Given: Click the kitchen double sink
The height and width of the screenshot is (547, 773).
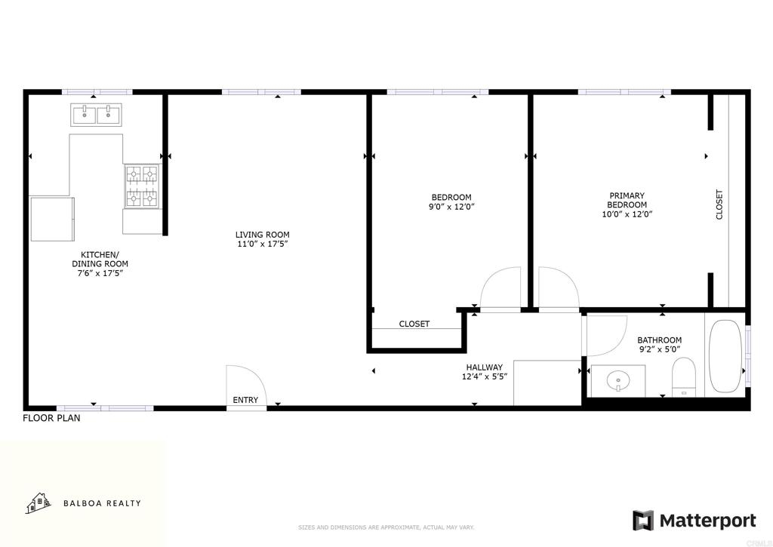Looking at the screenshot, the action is point(97,115).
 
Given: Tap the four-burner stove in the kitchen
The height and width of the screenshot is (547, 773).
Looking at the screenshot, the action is point(142,186).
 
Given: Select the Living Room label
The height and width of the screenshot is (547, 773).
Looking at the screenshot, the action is point(262,235).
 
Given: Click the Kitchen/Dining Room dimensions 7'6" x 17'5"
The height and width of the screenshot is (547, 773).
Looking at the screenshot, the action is point(100,273).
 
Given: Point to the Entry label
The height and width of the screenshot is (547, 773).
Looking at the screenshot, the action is point(245,400).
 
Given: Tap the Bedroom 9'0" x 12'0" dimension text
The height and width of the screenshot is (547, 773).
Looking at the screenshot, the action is point(451,207).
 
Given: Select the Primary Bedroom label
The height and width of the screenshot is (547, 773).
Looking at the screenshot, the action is point(627,200).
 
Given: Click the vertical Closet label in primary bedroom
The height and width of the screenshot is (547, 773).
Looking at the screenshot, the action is point(719,204).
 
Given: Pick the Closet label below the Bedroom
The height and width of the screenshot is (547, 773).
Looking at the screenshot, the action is point(414,324).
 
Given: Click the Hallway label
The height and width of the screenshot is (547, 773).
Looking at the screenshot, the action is point(485,367).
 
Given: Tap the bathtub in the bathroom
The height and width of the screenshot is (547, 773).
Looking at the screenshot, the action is point(725,356).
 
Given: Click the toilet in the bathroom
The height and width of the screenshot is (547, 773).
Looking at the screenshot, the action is point(684,377).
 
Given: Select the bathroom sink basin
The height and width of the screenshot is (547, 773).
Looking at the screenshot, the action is point(618,380).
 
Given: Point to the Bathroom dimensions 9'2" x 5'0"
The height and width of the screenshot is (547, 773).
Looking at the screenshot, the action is point(660,349).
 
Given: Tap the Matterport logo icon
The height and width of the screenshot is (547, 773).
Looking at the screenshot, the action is point(643,521).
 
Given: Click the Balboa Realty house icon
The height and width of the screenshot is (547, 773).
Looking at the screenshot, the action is point(38,502).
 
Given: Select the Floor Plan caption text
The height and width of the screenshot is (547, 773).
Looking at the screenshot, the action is point(52,419).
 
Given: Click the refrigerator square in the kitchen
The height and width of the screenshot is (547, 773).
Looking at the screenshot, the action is point(52,220).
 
